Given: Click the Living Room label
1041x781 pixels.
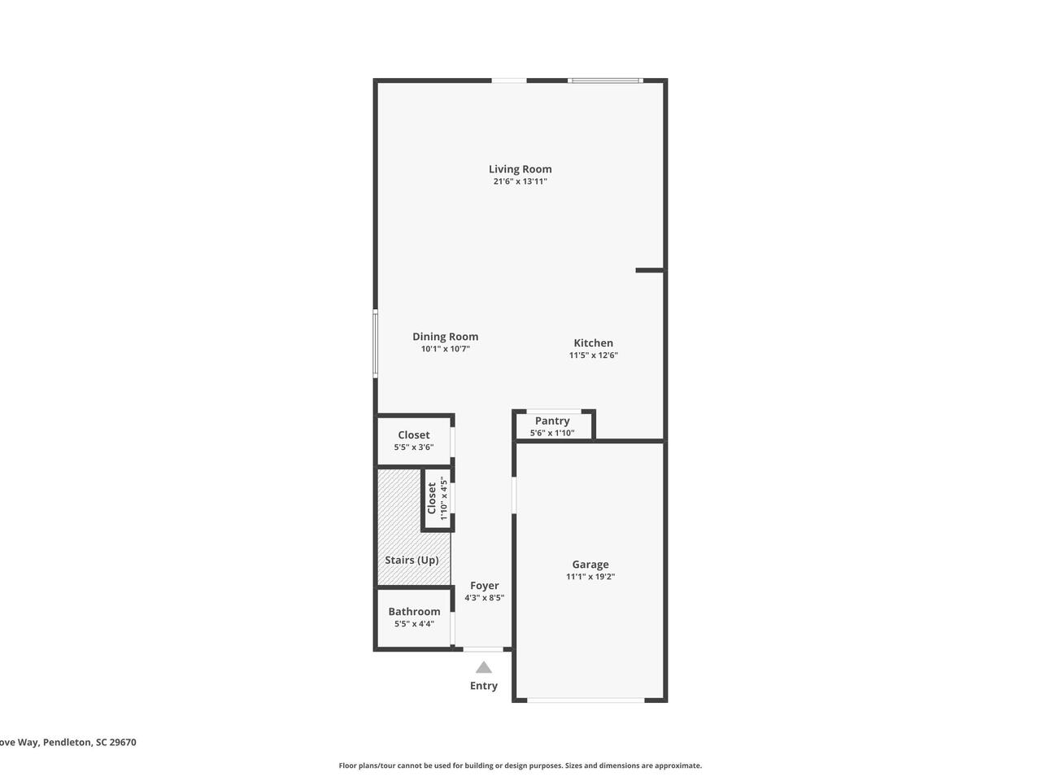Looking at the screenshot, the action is pyautogui.click(x=520, y=169).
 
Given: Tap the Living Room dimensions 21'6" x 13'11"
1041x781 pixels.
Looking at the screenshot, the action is pyautogui.click(x=520, y=181).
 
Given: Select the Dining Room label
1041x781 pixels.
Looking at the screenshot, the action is pyautogui.click(x=445, y=337).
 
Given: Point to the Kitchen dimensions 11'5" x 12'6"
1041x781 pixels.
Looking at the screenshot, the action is pyautogui.click(x=594, y=356).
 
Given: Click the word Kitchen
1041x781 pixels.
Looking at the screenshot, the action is pyautogui.click(x=594, y=343).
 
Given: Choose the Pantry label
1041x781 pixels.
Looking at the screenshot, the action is pyautogui.click(x=552, y=421).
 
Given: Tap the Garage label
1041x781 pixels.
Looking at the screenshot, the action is pyautogui.click(x=590, y=565).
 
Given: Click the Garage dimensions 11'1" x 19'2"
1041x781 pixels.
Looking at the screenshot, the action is pyautogui.click(x=590, y=577).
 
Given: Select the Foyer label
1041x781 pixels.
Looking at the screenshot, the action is pyautogui.click(x=484, y=586).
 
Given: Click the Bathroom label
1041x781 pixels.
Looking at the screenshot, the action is pyautogui.click(x=414, y=612).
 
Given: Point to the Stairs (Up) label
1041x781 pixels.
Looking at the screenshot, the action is pyautogui.click(x=412, y=560).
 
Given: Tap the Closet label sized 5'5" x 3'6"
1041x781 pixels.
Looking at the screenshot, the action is pyautogui.click(x=414, y=434).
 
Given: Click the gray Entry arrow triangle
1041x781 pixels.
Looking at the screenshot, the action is pyautogui.click(x=484, y=668).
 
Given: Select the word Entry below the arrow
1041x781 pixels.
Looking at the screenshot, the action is pyautogui.click(x=484, y=686).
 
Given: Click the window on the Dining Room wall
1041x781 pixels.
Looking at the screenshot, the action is pyautogui.click(x=375, y=344).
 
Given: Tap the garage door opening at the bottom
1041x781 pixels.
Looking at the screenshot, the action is pyautogui.click(x=586, y=700).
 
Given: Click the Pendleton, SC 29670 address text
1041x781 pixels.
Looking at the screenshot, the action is pyautogui.click(x=89, y=742).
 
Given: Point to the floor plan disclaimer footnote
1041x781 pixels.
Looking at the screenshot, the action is pyautogui.click(x=520, y=766).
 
